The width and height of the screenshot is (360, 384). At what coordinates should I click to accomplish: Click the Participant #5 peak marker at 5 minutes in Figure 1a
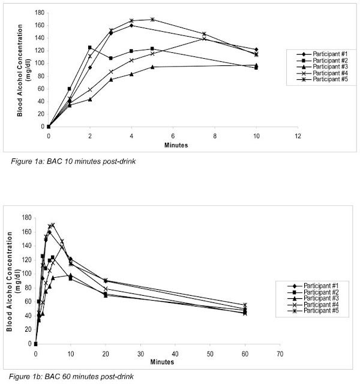click(152, 19)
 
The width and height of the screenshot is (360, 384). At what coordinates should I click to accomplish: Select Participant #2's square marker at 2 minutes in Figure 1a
click(89, 47)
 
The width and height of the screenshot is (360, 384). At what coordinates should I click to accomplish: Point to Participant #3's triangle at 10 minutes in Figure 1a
click(256, 65)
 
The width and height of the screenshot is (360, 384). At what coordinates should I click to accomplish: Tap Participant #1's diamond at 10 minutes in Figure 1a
click(256, 49)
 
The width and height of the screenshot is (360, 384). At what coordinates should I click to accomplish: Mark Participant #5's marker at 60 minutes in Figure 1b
click(245, 305)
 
